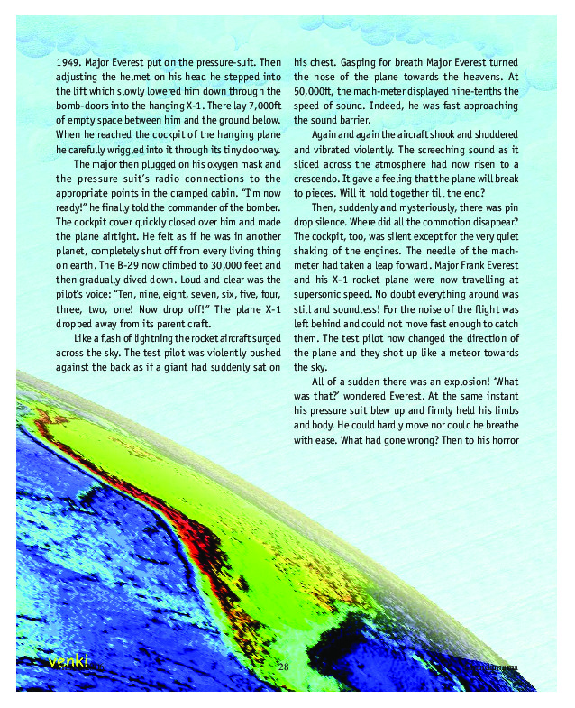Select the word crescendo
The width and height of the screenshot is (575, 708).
(321, 178)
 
